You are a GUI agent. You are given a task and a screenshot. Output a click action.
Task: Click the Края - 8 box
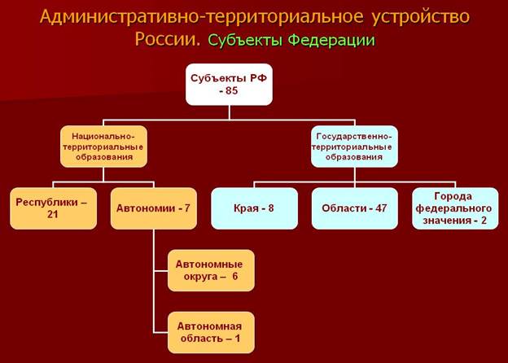pyautogui.click(x=255, y=208)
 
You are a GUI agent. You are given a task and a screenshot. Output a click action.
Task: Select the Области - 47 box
pyautogui.click(x=354, y=208)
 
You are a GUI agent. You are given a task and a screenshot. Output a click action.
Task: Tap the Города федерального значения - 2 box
pyautogui.click(x=454, y=208)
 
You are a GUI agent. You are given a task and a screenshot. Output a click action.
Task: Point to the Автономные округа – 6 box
pyautogui.click(x=211, y=269)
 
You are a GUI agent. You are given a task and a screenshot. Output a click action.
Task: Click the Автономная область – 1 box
pyautogui.click(x=211, y=331)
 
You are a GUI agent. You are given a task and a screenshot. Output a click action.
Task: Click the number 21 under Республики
pyautogui.click(x=53, y=216)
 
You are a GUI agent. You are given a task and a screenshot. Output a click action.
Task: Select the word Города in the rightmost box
pyautogui.click(x=454, y=196)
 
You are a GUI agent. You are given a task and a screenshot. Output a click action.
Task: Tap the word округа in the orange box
pyautogui.click(x=199, y=276)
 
